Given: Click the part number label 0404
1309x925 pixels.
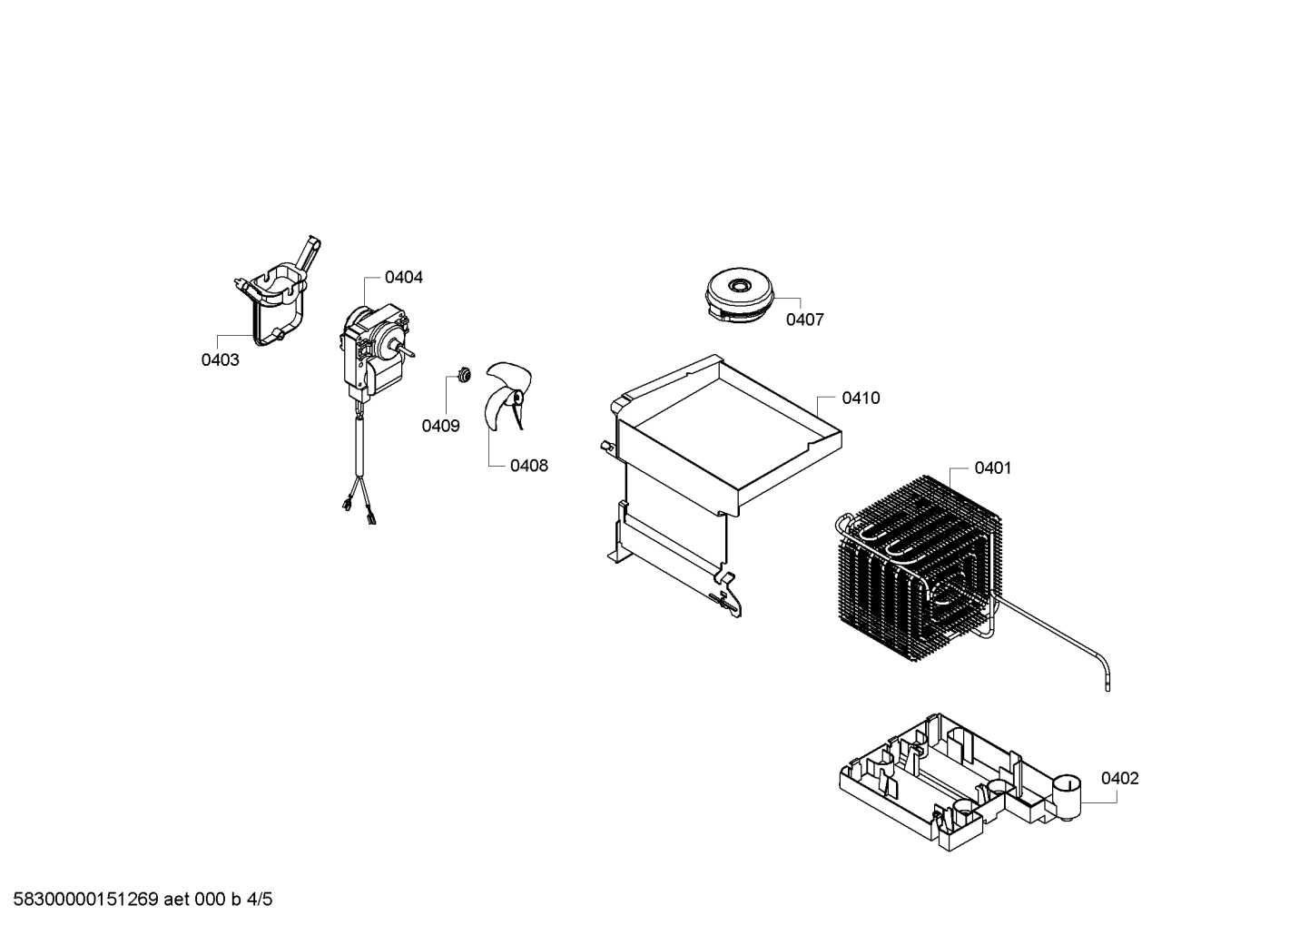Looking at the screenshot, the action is [403, 278].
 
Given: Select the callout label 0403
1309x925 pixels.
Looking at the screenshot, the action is [221, 360].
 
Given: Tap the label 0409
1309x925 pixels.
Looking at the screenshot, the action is [440, 426].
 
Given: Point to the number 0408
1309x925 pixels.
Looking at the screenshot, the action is [529, 466].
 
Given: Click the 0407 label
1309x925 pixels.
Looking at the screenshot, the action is [804, 320].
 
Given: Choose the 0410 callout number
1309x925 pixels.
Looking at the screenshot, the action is [861, 398].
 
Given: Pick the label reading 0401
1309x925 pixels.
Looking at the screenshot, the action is [993, 468].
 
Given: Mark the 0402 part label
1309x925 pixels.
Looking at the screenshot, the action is [1119, 778].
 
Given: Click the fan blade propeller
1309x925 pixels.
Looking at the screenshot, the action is [507, 398].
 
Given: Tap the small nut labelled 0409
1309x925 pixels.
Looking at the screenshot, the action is [465, 374].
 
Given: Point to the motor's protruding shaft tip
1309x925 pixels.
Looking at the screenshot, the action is [413, 353].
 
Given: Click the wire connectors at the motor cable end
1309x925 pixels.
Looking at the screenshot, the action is [359, 509].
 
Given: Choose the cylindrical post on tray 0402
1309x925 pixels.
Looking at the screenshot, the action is [1066, 798].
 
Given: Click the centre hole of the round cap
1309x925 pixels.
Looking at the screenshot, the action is [738, 286].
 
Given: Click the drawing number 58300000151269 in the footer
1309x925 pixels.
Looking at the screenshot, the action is [86, 900].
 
